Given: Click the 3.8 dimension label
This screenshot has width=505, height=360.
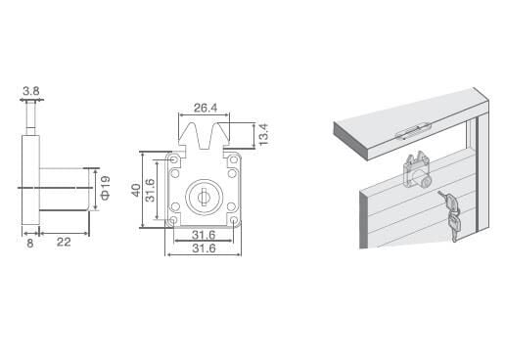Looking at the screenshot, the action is [x=31, y=91].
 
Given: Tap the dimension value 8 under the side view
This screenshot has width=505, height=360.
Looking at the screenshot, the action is [x=29, y=244].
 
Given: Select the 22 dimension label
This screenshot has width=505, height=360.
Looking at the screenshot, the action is [x=64, y=242].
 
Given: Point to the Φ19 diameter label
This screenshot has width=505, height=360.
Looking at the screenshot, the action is [x=105, y=188].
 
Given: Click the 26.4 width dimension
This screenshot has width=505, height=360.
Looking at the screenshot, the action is [x=206, y=108].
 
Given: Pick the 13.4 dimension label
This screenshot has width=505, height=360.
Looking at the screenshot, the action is [x=263, y=134].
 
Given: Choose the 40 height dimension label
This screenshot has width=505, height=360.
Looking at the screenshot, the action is [x=136, y=190].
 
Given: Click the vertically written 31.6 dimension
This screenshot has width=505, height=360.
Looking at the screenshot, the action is [x=150, y=191].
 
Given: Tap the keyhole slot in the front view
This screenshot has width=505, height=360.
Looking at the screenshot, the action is [x=204, y=197].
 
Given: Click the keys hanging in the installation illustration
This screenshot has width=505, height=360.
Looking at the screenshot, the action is [x=450, y=215].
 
